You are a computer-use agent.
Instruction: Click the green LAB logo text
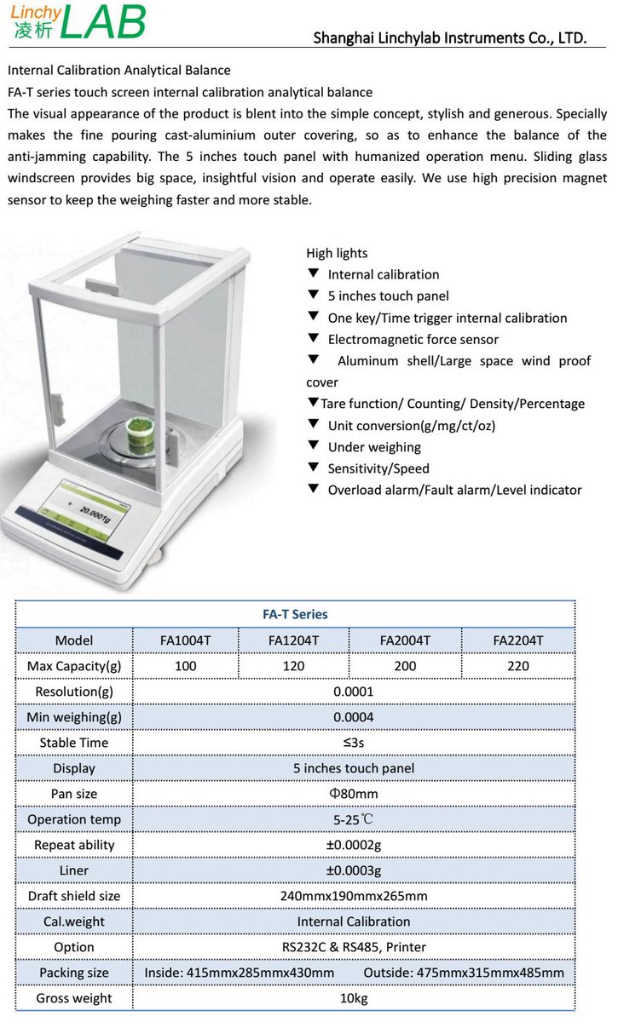tap(102, 23)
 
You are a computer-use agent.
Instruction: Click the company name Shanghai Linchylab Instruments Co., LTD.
tap(449, 37)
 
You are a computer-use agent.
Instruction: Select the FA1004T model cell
tap(185, 640)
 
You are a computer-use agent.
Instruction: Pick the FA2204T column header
tap(517, 640)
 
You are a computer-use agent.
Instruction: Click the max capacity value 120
tap(293, 666)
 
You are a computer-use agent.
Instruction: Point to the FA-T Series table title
tap(295, 614)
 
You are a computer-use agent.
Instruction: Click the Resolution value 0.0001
tap(354, 692)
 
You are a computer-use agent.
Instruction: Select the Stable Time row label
tap(74, 743)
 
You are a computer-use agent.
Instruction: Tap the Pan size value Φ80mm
tap(354, 794)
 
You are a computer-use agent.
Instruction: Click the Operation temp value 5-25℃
tap(354, 819)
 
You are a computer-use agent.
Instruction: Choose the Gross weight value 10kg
tap(354, 998)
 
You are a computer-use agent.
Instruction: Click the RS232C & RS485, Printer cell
tap(354, 947)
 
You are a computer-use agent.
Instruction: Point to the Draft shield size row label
tap(74, 896)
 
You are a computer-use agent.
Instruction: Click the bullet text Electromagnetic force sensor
tap(413, 339)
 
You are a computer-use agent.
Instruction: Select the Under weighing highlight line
tap(374, 447)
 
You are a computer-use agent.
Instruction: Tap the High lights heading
tap(338, 253)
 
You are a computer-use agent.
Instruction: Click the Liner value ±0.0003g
tap(354, 870)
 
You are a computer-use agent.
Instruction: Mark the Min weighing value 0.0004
tap(354, 717)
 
